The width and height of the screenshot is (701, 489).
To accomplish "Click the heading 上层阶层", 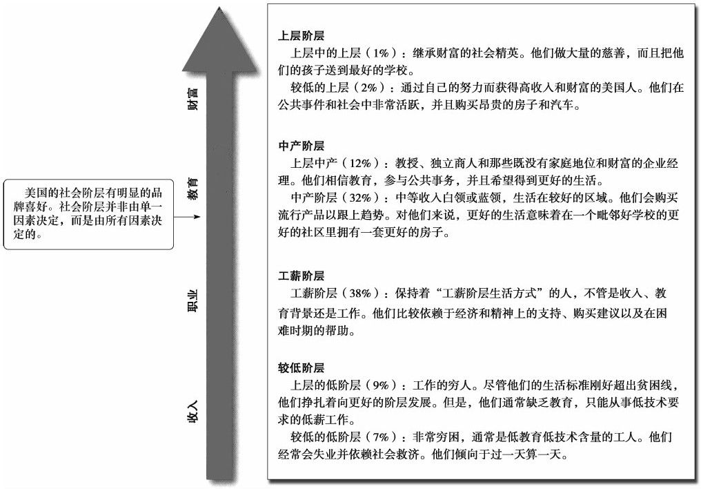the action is click(x=301, y=36).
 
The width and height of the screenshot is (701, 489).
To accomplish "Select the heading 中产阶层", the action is click(x=301, y=146).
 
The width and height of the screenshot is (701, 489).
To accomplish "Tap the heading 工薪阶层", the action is click(x=301, y=276).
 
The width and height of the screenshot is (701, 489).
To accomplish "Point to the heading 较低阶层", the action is click(x=301, y=367).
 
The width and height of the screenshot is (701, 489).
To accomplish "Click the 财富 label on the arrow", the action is click(x=192, y=99).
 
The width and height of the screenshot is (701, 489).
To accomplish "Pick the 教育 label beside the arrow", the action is click(x=192, y=189).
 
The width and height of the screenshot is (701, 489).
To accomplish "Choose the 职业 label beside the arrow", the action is click(x=192, y=300).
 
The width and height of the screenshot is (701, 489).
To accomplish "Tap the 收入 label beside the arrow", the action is click(x=192, y=411).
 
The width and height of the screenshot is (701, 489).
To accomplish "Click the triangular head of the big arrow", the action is click(x=220, y=45).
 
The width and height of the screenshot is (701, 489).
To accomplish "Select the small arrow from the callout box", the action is click(x=187, y=217).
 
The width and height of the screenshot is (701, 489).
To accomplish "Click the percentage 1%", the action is click(x=382, y=53).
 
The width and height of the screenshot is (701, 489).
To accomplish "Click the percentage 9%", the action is click(x=382, y=385).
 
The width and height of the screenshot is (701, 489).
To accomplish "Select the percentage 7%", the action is click(x=382, y=437).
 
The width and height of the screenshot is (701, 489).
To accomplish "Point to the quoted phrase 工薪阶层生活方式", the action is click(x=489, y=294).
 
